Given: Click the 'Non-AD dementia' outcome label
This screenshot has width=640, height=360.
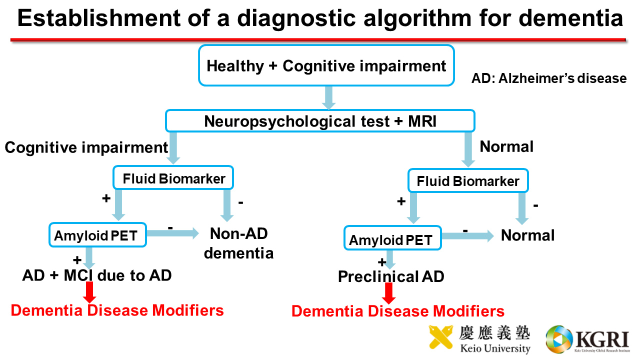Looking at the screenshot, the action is tap(239, 243).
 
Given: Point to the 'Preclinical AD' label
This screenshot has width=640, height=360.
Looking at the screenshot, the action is tap(391, 276).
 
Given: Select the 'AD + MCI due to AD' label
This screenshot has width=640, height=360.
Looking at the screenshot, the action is tap(97, 275).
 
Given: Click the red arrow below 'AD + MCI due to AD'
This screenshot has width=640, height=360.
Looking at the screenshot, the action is tap(89, 292).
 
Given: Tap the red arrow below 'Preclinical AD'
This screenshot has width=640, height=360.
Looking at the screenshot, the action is tap(389, 293).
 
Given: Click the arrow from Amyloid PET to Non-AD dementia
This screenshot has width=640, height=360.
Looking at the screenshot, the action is tap(173, 233).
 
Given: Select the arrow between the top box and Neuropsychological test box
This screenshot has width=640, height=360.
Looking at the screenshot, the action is tap(328, 97).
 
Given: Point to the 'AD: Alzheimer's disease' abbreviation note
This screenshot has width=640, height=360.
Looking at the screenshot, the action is tap(549, 78).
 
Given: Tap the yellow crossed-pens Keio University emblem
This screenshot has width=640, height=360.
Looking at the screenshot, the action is tap(441, 337).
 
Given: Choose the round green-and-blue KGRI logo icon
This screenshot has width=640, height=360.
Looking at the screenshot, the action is tap(559, 339).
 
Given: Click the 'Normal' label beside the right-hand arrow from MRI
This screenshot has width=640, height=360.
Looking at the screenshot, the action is tap(506, 146).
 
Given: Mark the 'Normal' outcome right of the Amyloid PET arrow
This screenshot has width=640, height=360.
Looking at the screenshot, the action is tap(527, 235).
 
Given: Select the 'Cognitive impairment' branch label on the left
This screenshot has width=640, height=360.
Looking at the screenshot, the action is tap(86, 147).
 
